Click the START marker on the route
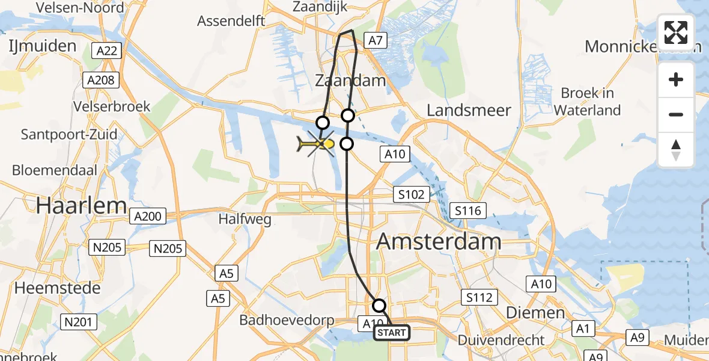(x=392, y=333)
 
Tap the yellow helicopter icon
(x=318, y=144)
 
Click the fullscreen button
(x=676, y=32)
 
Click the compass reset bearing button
(x=676, y=150)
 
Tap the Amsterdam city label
(x=438, y=242)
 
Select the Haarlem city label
(x=81, y=205)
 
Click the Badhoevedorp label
(x=287, y=320)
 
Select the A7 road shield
(x=375, y=40)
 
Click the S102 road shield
(x=412, y=194)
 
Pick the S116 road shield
(x=468, y=211)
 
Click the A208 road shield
(x=102, y=79)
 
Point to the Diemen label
(x=526, y=313)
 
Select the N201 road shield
(x=79, y=322)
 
